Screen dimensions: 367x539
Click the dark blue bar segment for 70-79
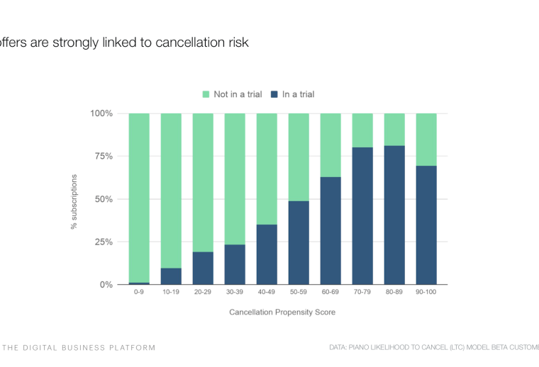coord(362,216)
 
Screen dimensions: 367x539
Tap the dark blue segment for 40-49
coord(267,254)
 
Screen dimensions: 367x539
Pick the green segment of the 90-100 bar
coord(426,139)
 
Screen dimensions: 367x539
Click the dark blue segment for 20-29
coord(203,268)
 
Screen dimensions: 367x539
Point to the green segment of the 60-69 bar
coord(330,145)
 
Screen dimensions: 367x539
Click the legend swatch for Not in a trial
coord(206,94)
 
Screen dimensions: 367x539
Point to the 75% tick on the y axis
coord(101,157)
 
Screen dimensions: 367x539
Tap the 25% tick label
coord(101,242)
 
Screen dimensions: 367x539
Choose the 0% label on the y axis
coord(104,285)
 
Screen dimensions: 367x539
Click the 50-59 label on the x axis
coord(299,291)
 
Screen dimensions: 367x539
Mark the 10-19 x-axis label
coord(171,291)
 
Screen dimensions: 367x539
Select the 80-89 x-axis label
coord(394,291)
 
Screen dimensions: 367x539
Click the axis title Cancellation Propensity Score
coord(282,312)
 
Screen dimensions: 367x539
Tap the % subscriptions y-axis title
coord(73,201)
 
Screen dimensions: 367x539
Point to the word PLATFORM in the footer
coord(133,348)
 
